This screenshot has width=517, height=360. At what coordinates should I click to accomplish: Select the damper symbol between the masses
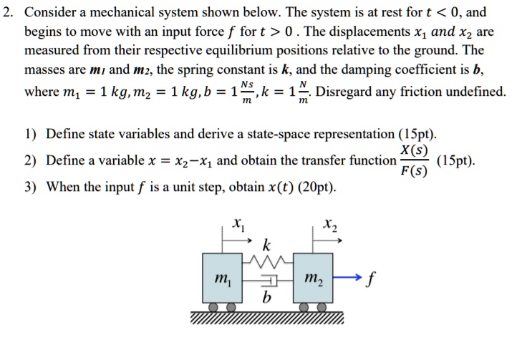point(266,282)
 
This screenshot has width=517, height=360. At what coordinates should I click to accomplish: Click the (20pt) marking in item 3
point(316,188)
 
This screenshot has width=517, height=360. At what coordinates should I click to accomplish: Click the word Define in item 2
point(64,160)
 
